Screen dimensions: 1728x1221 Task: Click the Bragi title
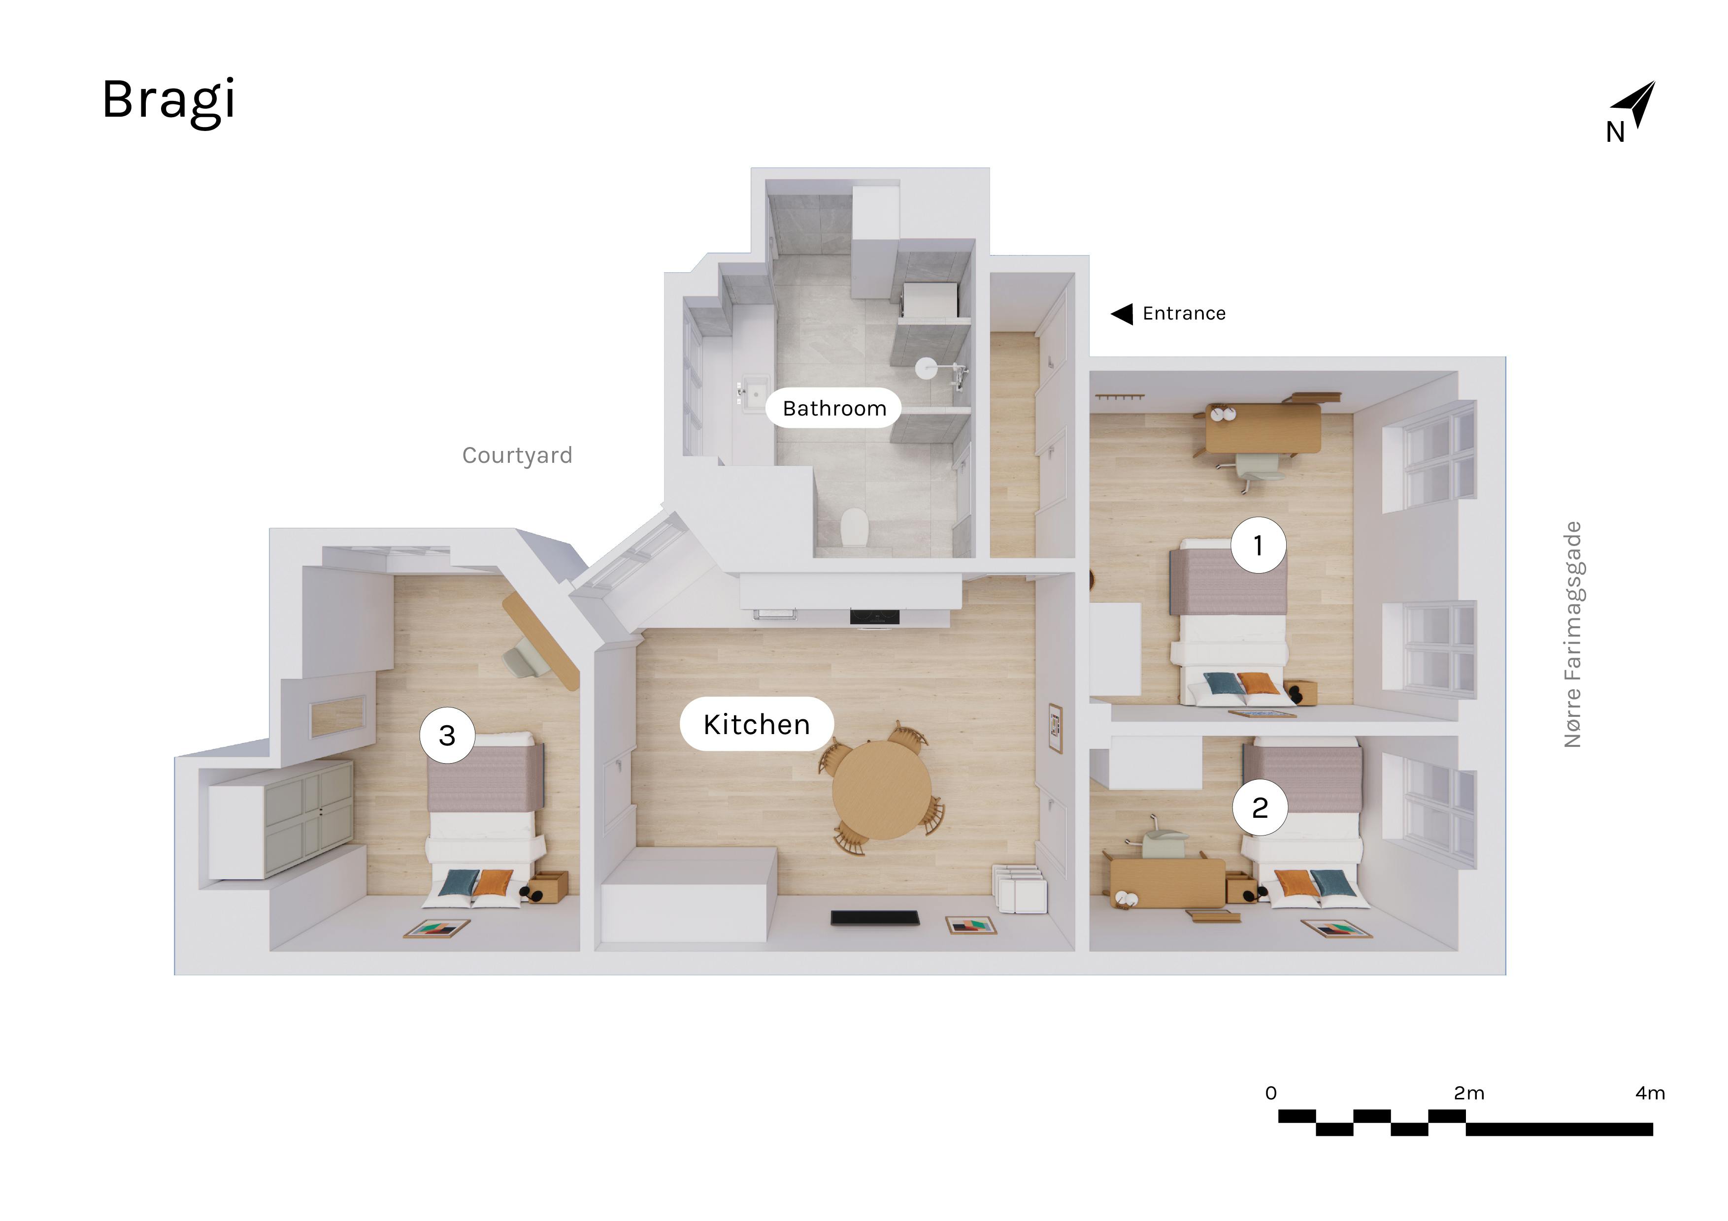[168, 101]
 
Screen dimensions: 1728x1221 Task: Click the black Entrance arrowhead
[1122, 314]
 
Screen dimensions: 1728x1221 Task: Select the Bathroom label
[834, 409]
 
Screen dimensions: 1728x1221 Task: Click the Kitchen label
[757, 724]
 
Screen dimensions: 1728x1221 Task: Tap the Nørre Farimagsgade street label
[1573, 634]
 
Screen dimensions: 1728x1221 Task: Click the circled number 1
[1259, 545]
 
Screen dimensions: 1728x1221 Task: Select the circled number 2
[1260, 807]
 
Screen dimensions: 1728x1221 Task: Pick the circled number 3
[447, 735]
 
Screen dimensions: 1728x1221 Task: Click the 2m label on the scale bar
[1468, 1093]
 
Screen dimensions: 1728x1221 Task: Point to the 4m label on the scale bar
[1650, 1093]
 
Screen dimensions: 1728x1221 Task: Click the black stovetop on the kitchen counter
[874, 616]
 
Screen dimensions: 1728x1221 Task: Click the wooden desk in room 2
[1167, 882]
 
